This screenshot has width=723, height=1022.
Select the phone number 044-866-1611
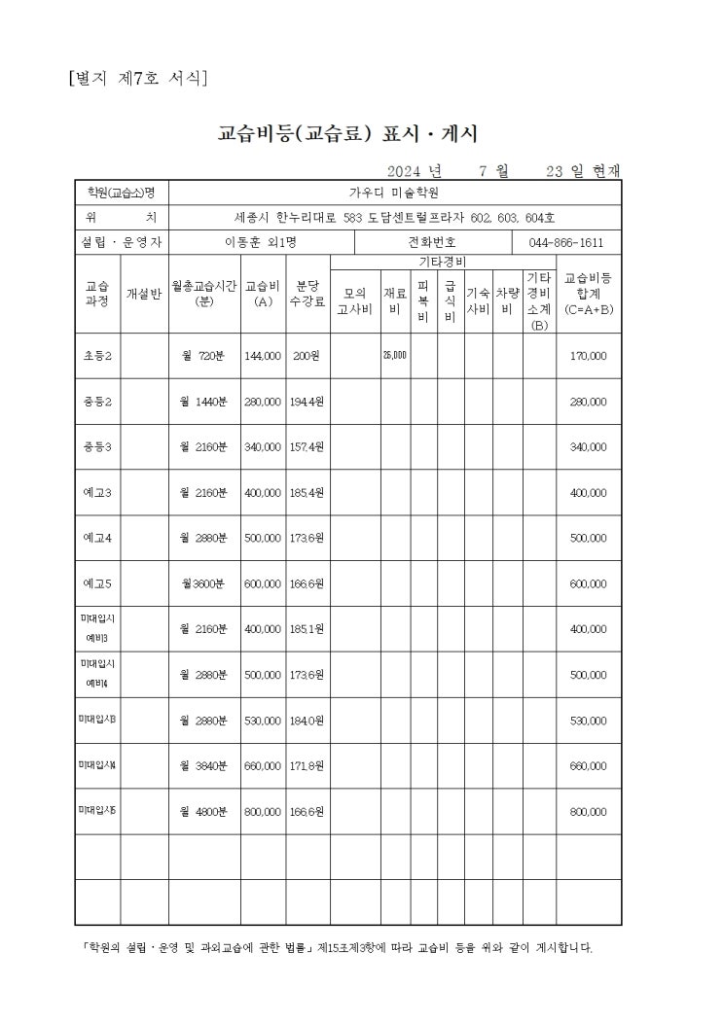click(x=565, y=242)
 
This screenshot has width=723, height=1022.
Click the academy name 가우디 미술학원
click(x=394, y=192)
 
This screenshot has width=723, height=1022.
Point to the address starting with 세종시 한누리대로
click(x=394, y=217)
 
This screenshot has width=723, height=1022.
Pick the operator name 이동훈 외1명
click(x=261, y=242)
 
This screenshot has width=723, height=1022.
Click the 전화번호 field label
click(x=432, y=242)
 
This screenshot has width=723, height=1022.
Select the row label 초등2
click(x=97, y=356)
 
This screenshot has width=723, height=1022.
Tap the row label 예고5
click(x=97, y=583)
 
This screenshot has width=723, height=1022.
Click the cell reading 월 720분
click(x=203, y=356)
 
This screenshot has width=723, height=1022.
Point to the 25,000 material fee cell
click(x=394, y=356)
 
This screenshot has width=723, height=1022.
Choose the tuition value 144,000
click(x=263, y=356)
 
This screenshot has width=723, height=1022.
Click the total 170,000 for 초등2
click(x=588, y=356)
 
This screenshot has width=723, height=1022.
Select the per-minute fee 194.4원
click(x=307, y=402)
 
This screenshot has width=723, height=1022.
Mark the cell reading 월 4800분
click(x=203, y=811)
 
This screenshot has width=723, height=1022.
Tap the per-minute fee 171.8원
click(x=307, y=766)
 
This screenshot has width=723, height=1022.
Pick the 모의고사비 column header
click(x=354, y=301)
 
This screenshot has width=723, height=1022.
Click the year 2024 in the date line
click(x=407, y=171)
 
